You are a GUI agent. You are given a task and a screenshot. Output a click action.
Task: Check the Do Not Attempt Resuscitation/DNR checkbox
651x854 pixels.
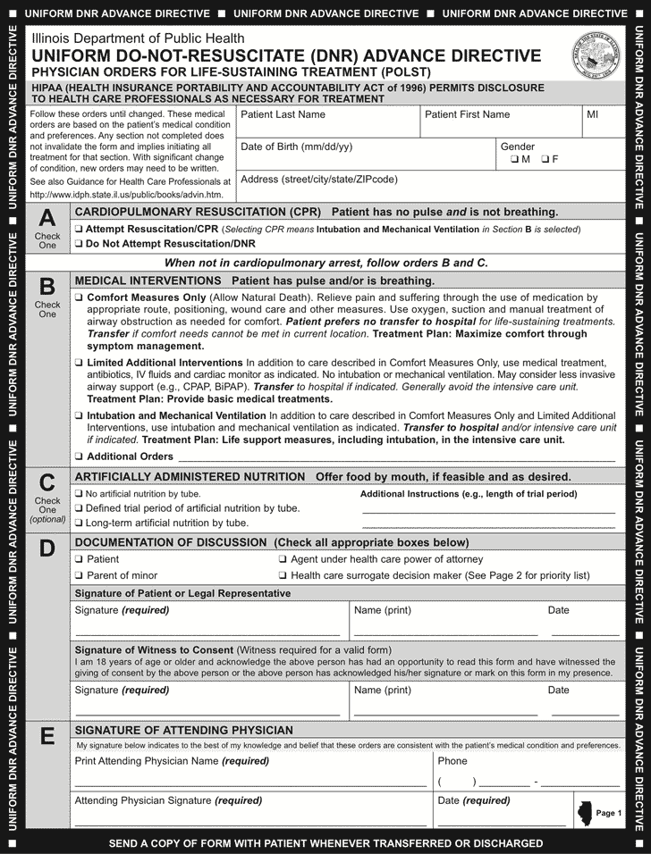coord(79,243)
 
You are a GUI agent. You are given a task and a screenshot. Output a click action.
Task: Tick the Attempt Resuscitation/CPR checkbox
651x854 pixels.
coord(79,229)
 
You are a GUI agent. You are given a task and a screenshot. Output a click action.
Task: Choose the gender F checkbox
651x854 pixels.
coord(545,159)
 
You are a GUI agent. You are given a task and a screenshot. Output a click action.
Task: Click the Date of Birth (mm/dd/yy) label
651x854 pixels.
coord(296,147)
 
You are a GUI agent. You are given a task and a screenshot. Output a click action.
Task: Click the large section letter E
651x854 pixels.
coord(47,712)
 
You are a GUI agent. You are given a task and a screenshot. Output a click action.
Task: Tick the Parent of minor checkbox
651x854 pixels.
coord(79,575)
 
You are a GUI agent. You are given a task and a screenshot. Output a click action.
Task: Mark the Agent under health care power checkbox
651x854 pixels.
coord(283,559)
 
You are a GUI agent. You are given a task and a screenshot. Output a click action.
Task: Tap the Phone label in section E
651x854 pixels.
coord(452,736)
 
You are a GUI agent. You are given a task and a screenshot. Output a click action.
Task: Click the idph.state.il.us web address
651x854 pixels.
coord(126,194)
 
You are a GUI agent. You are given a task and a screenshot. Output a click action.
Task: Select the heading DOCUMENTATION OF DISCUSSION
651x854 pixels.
coord(170,542)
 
